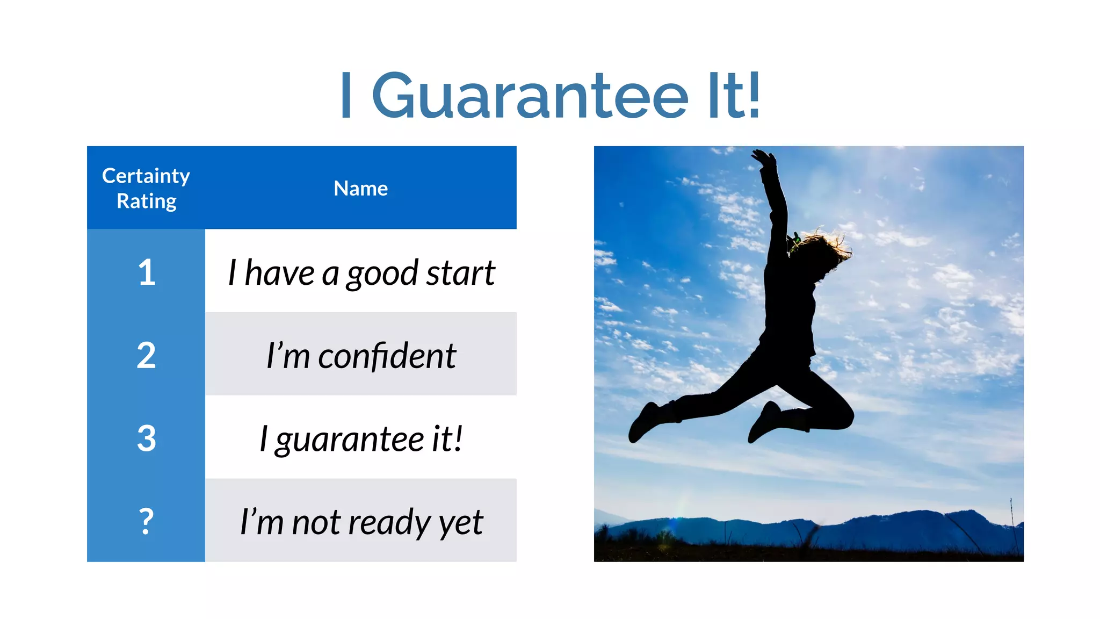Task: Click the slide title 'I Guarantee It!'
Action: coord(550,96)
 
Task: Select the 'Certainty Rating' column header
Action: coord(146,188)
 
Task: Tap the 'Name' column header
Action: coord(360,189)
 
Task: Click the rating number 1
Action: coord(146,272)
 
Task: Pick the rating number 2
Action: coord(146,355)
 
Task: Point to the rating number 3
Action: coord(146,438)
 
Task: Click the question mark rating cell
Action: coord(146,521)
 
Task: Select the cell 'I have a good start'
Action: coord(361,273)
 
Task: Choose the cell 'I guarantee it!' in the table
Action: coord(361,438)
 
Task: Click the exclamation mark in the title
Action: coord(754,96)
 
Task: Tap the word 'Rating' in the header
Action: coord(146,201)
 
